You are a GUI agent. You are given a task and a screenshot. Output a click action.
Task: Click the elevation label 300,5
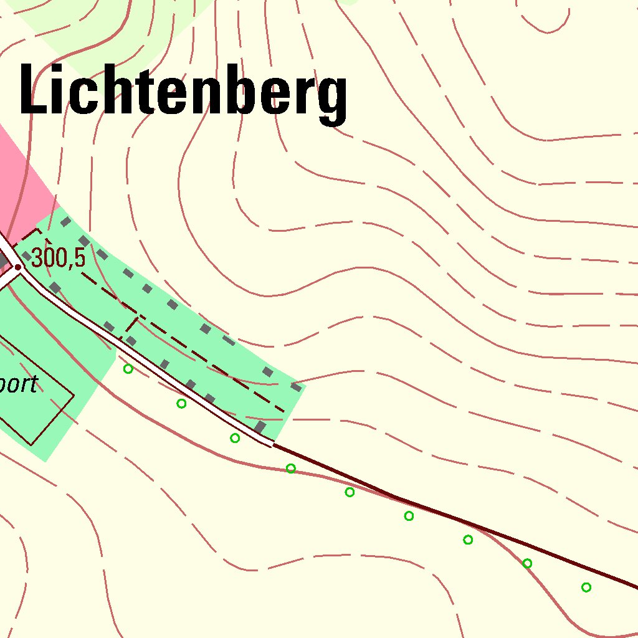(x=58, y=257)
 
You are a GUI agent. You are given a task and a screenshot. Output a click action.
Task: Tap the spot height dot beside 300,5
(x=18, y=267)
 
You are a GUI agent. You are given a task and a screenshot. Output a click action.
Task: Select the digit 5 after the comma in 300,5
(x=79, y=257)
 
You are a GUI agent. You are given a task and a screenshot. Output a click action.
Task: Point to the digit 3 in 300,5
(x=37, y=257)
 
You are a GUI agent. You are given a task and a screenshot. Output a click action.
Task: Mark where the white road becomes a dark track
(x=273, y=444)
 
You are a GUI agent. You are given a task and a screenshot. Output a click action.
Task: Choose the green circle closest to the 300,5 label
(x=128, y=369)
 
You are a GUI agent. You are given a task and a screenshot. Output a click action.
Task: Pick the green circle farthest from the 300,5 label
(x=586, y=587)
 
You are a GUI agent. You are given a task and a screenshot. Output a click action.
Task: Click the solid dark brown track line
(x=455, y=520)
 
